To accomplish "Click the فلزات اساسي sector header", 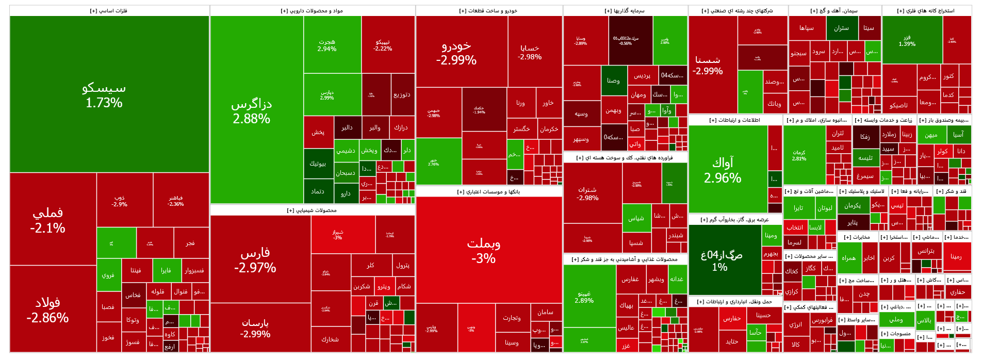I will pyautogui.click(x=109, y=11).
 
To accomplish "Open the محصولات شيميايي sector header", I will pyautogui.click(x=312, y=210).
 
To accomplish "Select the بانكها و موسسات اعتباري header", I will pyautogui.click(x=488, y=192).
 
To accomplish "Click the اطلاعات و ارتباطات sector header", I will pyautogui.click(x=735, y=120).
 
